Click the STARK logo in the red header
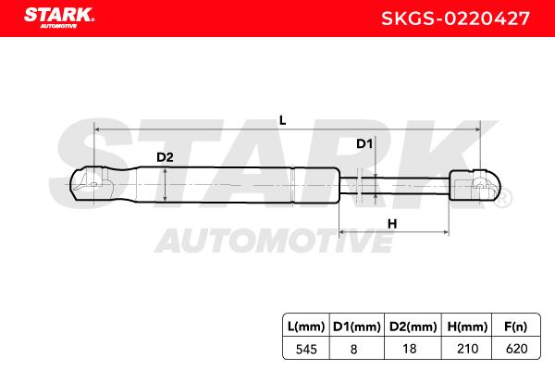point(59,18)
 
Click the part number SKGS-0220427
point(455,18)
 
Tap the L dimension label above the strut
point(282,120)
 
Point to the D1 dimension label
point(364,143)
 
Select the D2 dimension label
point(165,157)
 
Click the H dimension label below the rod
point(392,224)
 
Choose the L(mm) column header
point(306,327)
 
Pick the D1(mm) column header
point(357,327)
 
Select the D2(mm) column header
point(413,327)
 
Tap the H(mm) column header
point(467,327)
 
